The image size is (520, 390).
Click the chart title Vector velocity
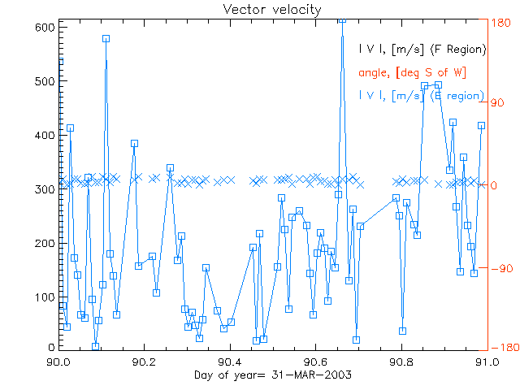(x=260, y=10)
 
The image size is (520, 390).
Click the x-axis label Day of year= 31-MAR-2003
(x=260, y=376)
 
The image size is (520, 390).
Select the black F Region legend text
(x=422, y=50)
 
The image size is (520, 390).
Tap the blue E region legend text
(x=422, y=96)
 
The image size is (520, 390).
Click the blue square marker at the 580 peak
(x=106, y=38)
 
